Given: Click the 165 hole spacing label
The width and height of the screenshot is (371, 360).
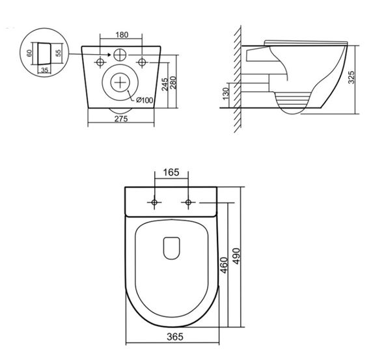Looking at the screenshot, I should click(171, 173).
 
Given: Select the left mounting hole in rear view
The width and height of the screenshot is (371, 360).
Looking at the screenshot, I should click(101, 62).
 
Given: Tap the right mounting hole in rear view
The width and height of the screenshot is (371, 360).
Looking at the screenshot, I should click(143, 62).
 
